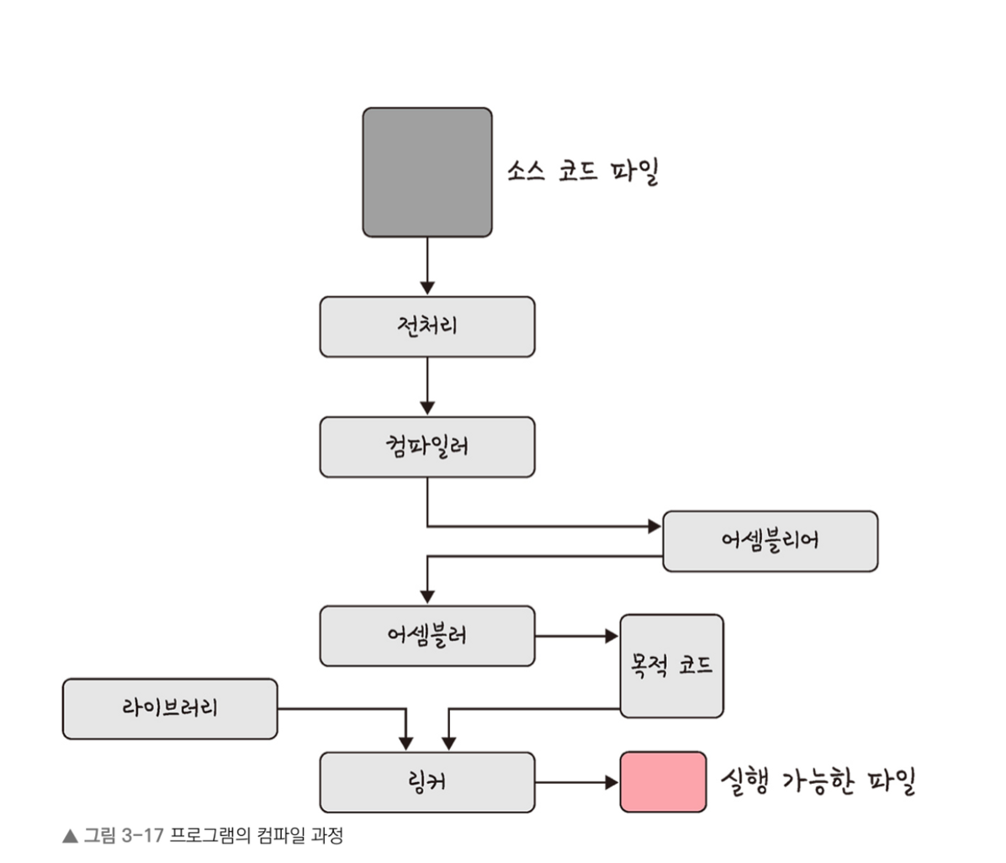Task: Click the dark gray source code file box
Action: (427, 172)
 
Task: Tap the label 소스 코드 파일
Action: (582, 172)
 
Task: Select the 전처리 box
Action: (427, 326)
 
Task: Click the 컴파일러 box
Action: (427, 447)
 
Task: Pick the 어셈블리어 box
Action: (770, 541)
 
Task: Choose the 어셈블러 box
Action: (427, 636)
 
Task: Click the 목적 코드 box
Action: (671, 666)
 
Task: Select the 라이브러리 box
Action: (170, 709)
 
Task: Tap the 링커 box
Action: (427, 782)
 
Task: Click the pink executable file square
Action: (663, 782)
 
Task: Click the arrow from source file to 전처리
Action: (427, 266)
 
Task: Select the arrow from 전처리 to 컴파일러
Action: (427, 386)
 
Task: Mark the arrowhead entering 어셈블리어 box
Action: (654, 527)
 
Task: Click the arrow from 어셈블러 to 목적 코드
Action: (577, 636)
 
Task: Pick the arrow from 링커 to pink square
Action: (577, 782)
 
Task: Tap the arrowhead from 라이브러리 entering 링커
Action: (405, 744)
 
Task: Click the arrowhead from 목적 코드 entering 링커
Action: (449, 744)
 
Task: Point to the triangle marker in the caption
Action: (69, 837)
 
